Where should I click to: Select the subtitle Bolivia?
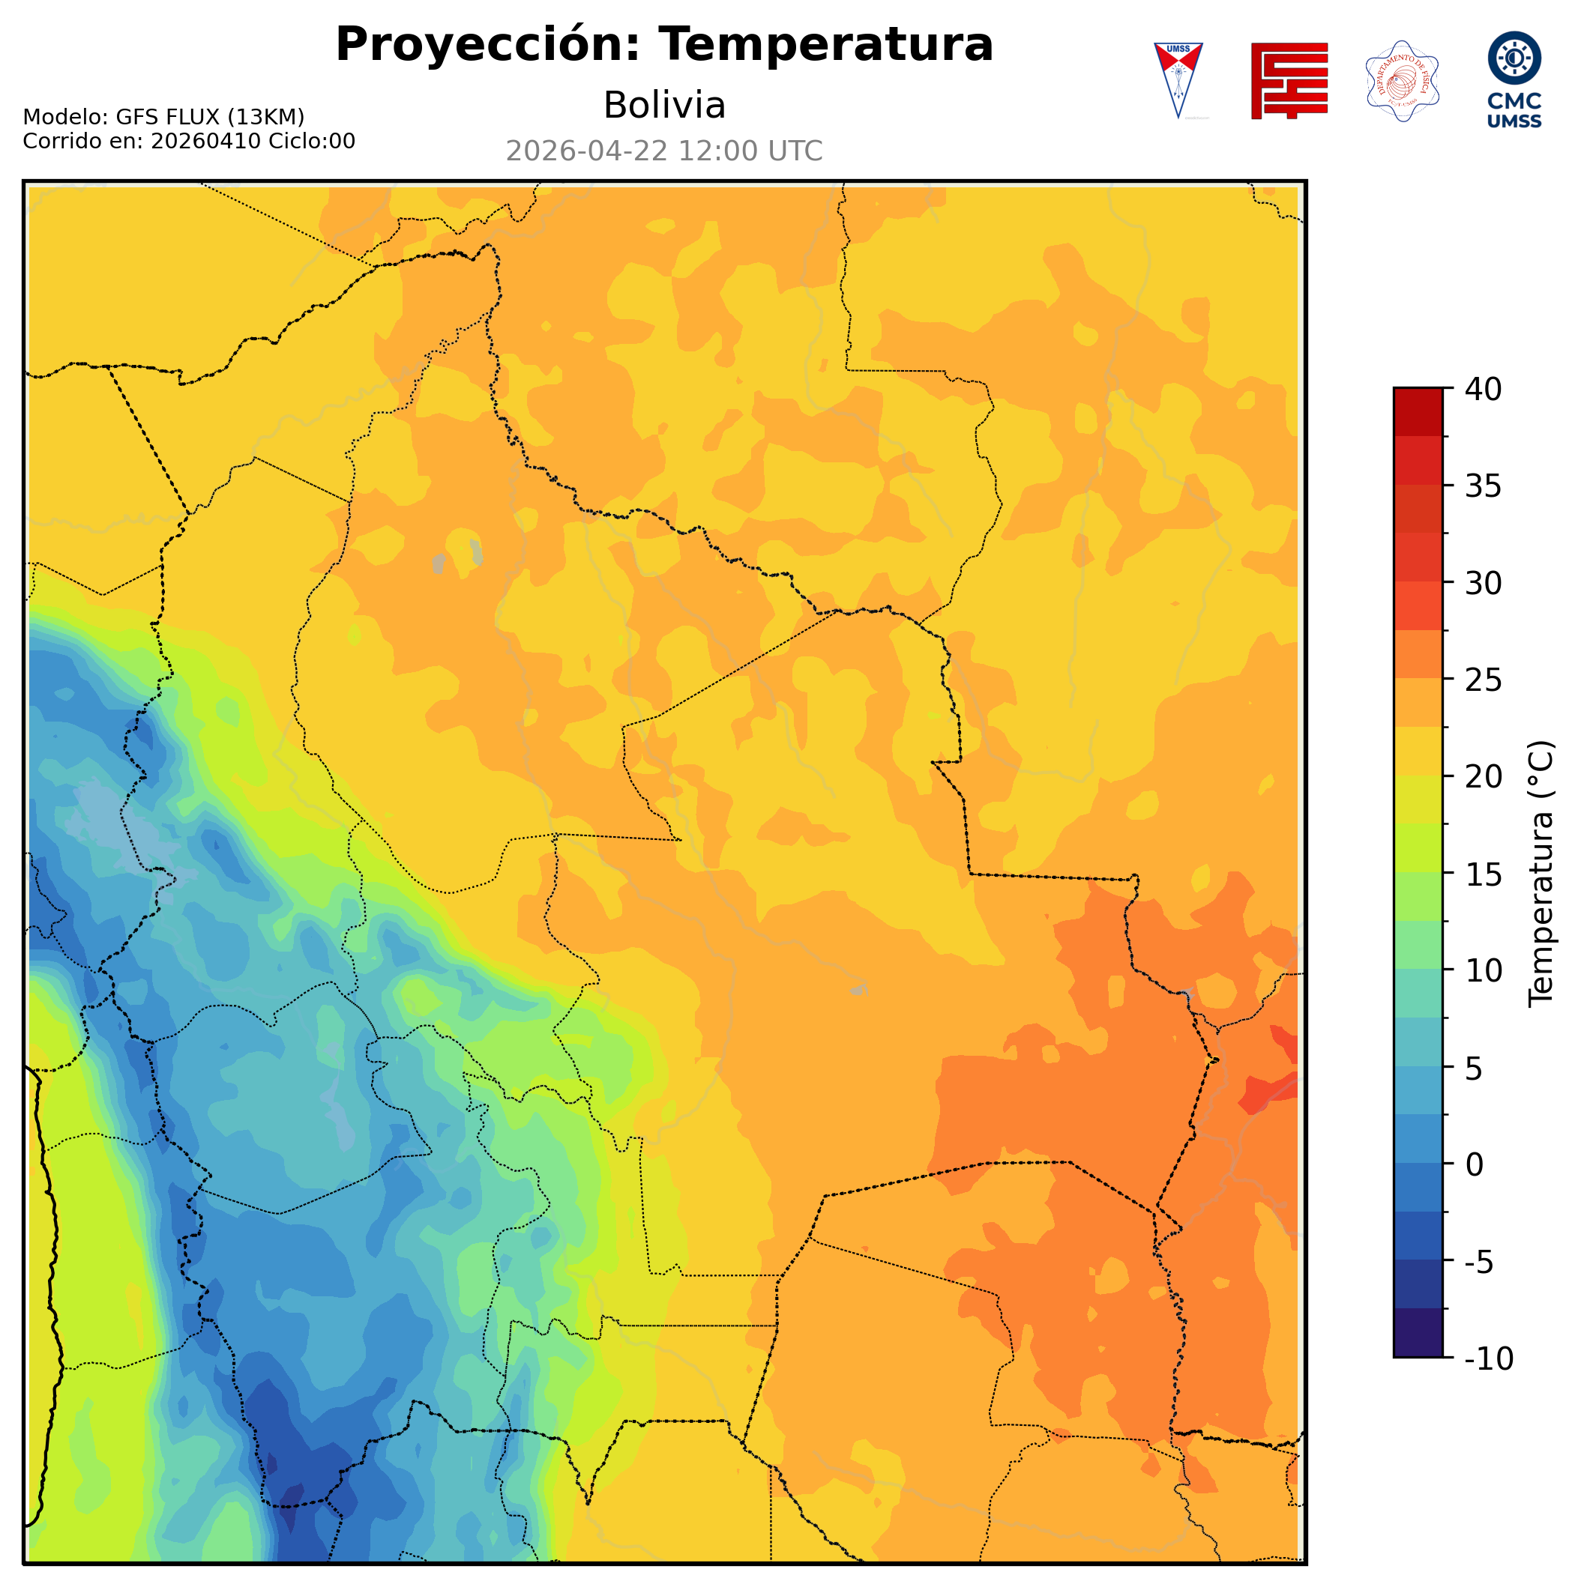[x=664, y=105]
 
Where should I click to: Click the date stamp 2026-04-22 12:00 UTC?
[x=663, y=151]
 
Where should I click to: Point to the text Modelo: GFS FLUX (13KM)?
[x=163, y=117]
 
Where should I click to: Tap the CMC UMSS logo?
[x=1514, y=79]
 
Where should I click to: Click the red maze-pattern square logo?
[x=1289, y=80]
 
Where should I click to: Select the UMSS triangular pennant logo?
[x=1178, y=79]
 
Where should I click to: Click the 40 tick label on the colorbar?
[x=1484, y=390]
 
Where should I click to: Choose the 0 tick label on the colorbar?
[x=1475, y=1165]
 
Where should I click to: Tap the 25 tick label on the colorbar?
[x=1484, y=680]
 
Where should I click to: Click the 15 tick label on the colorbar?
[x=1484, y=874]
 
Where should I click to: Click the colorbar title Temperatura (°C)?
[x=1541, y=874]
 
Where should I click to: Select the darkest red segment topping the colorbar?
[x=1418, y=411]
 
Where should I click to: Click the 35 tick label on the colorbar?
[x=1484, y=486]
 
